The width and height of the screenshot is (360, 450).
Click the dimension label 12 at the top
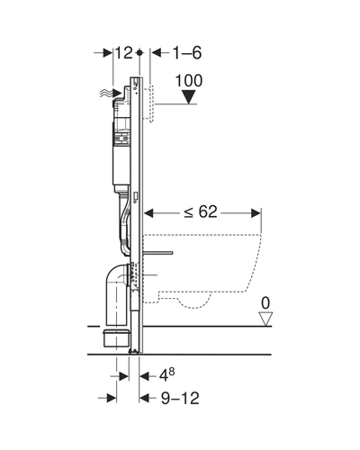[123, 53]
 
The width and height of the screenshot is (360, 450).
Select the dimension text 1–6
[187, 53]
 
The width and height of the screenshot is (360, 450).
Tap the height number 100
[189, 81]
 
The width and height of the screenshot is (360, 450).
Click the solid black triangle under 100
[189, 97]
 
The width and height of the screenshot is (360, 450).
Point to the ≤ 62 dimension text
[201, 212]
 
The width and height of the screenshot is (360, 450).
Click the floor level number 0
[265, 303]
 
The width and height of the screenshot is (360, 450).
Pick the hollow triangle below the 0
[265, 319]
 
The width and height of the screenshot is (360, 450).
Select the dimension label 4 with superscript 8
[166, 375]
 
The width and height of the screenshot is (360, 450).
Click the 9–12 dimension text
[180, 399]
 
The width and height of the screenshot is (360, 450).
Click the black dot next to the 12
[139, 53]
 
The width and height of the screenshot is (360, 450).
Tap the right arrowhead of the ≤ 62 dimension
[256, 213]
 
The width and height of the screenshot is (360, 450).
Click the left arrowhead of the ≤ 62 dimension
[148, 213]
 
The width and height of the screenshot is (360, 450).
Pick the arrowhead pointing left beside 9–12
[144, 399]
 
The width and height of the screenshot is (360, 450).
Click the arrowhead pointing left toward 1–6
[157, 53]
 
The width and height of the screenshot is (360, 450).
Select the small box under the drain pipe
[117, 338]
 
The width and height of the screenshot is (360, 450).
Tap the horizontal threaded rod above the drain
[158, 253]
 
